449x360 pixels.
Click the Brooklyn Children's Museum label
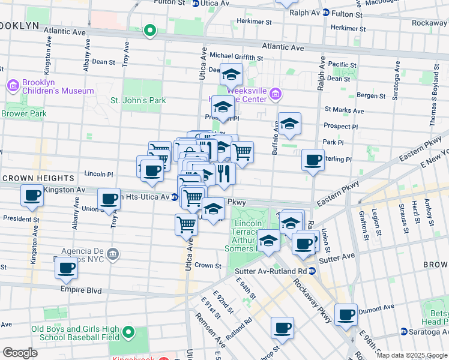58,86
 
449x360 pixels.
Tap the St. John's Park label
138,100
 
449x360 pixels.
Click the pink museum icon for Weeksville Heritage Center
276,93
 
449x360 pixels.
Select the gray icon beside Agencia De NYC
112,256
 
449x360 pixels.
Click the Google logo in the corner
20,353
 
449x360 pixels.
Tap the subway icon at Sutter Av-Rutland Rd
312,271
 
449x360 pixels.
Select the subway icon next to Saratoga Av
404,331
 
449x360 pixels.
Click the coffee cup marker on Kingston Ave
32,195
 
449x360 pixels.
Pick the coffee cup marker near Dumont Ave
346,315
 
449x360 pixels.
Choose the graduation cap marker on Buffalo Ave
289,124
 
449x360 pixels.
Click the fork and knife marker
224,174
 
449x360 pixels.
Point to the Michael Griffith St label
237,56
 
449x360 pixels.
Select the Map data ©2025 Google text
412,355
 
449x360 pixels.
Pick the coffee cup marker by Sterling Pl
313,160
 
